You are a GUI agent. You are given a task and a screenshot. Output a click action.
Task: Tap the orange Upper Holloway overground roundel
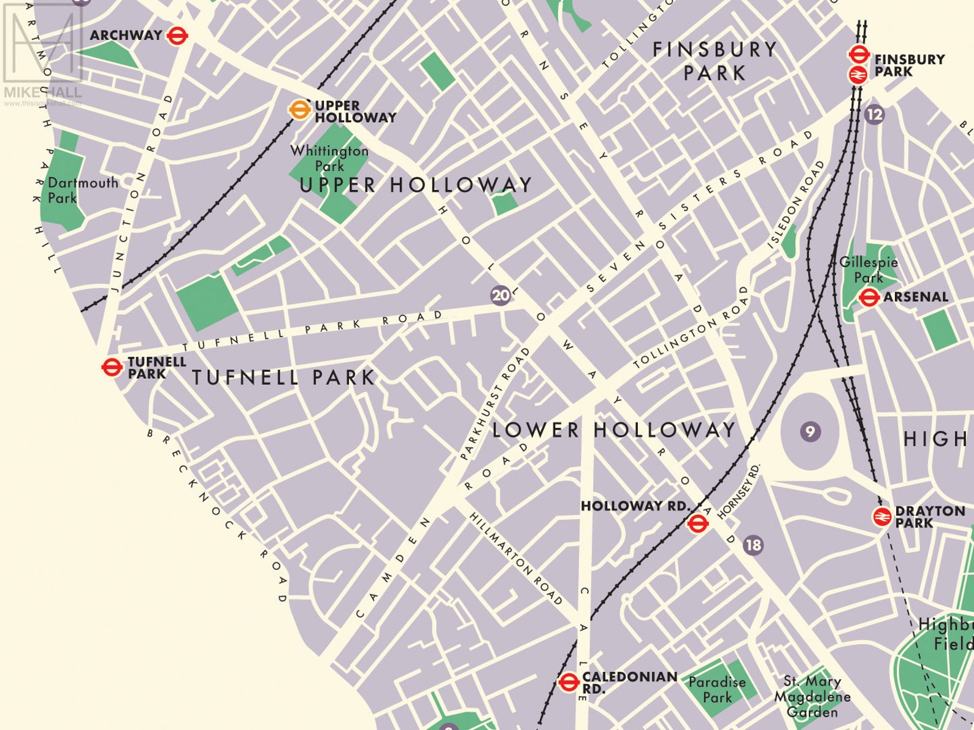click(x=299, y=110)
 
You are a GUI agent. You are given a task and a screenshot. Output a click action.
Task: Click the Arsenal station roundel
click(x=868, y=298)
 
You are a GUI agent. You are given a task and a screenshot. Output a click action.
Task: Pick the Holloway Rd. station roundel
click(x=697, y=523)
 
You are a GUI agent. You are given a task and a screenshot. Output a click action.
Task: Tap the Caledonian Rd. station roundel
click(x=569, y=681)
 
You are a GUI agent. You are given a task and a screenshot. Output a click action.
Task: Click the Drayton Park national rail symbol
click(x=882, y=517)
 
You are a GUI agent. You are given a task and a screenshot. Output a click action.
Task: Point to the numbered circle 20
click(x=500, y=295)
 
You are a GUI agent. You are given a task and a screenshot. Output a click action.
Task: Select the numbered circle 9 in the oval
click(x=810, y=432)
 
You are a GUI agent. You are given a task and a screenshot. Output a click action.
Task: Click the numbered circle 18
click(x=753, y=544)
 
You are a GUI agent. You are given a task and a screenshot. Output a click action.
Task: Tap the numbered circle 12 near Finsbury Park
click(x=875, y=114)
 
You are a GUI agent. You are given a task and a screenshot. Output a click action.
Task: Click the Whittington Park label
click(x=329, y=158)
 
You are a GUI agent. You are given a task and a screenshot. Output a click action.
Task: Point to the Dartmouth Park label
click(x=83, y=190)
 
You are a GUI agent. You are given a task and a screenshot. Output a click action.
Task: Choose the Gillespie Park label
click(x=869, y=270)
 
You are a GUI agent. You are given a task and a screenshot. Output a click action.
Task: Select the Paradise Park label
click(x=717, y=690)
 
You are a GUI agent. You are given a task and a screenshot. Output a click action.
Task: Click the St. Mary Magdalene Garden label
click(x=811, y=697)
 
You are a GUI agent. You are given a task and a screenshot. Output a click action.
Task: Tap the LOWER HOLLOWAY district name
click(x=613, y=430)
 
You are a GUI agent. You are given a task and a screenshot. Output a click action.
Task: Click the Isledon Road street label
click(x=796, y=205)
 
